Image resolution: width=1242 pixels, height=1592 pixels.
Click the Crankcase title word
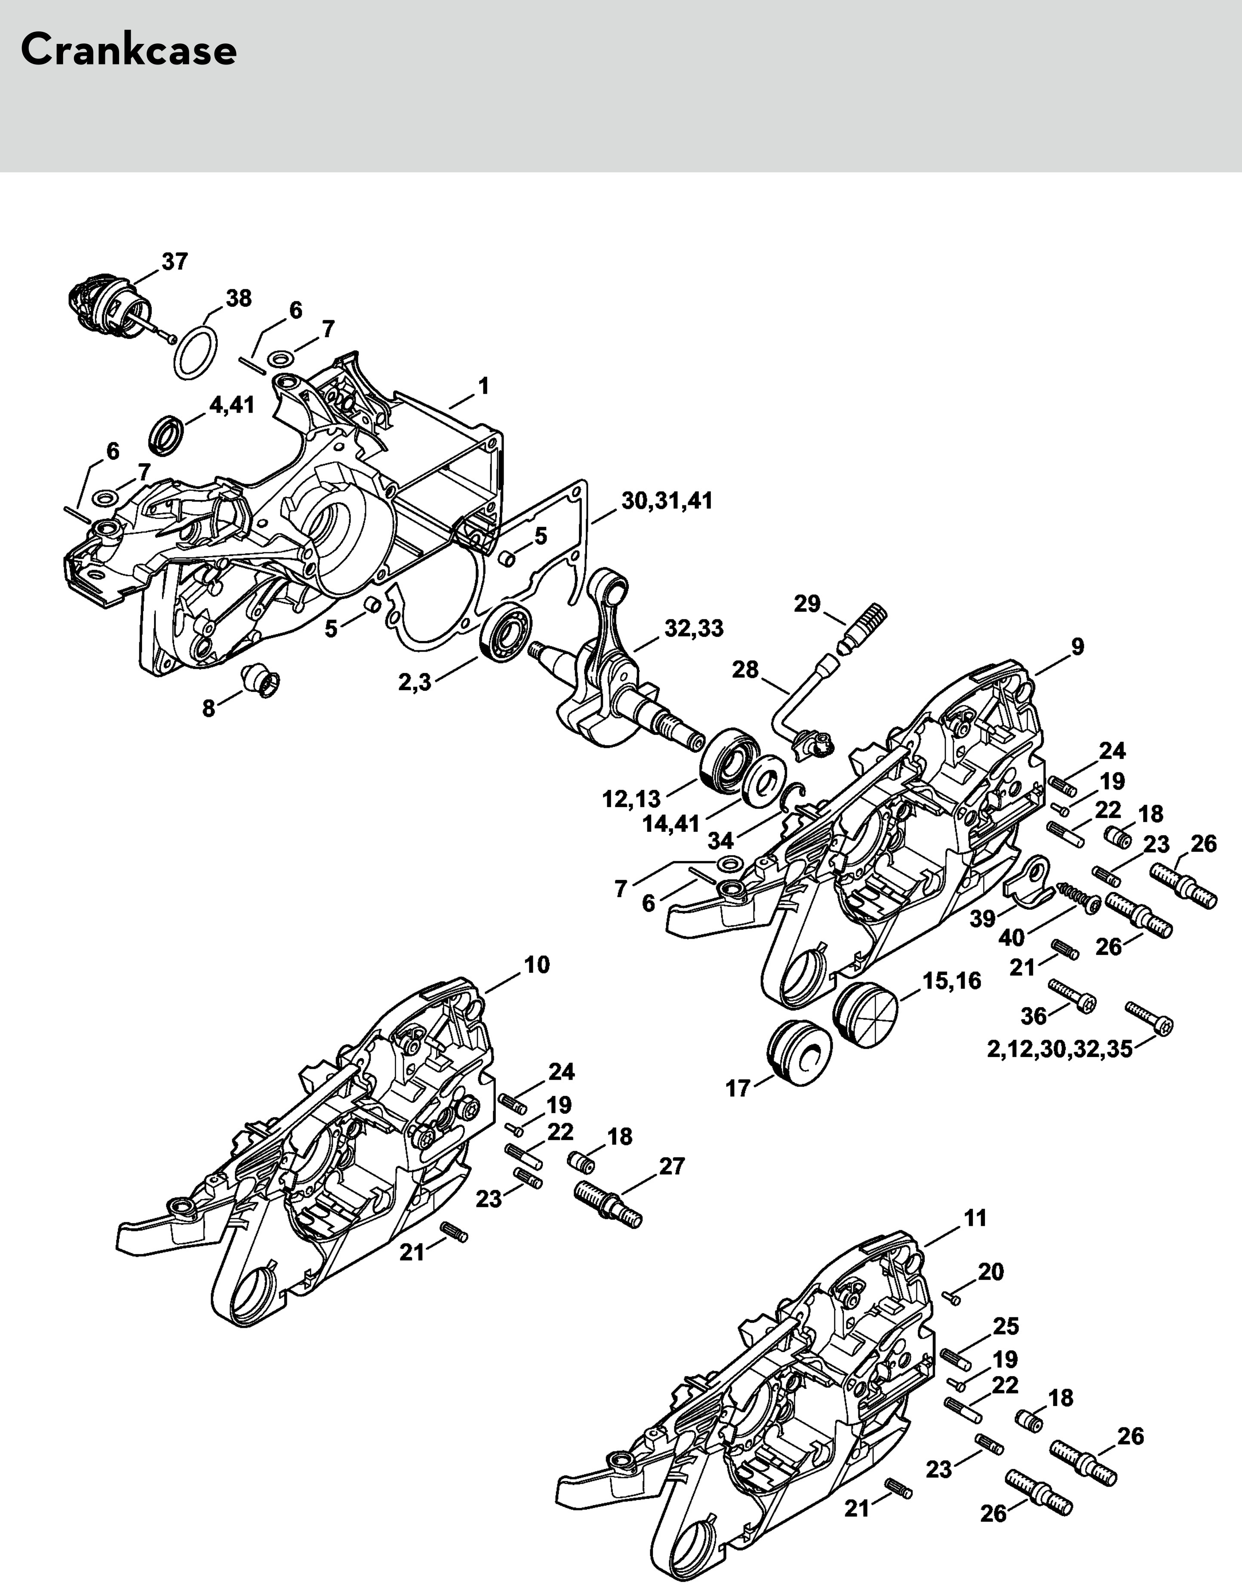coord(128,51)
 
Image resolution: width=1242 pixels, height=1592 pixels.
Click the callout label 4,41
coord(232,404)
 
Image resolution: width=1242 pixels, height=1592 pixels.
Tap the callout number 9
coord(1077,646)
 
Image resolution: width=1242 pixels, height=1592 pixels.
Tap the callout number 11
coord(975,1218)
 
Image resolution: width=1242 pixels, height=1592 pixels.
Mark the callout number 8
coord(209,708)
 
